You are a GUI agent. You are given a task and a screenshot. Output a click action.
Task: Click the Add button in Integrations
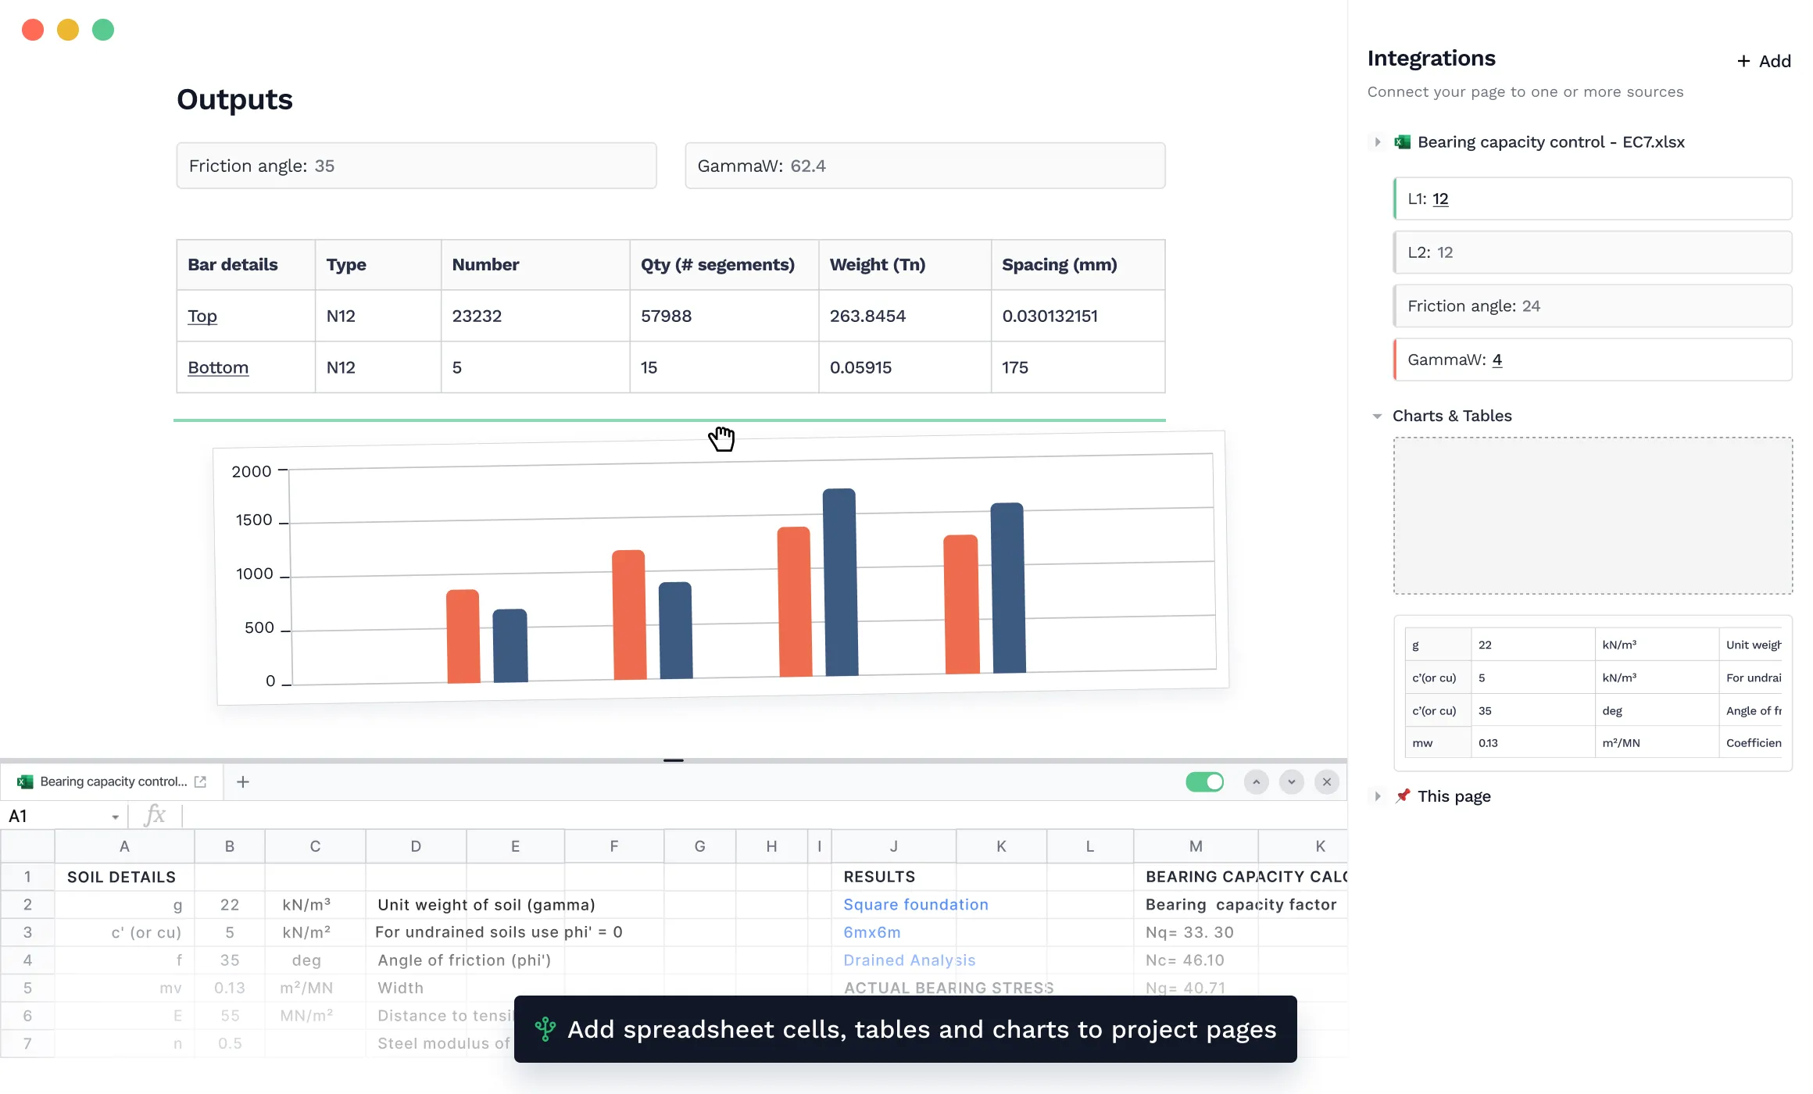[x=1764, y=61]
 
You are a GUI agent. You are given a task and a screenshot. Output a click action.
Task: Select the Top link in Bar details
[x=202, y=316]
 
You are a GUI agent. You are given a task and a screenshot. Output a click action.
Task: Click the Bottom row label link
[x=218, y=367]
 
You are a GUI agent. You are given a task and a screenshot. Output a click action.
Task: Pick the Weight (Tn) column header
[x=877, y=265]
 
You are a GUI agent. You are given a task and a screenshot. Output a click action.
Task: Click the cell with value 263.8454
[x=867, y=316]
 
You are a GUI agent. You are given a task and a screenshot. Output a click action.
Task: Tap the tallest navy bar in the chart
[x=840, y=582]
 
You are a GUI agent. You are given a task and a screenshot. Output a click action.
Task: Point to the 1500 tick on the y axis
[x=254, y=520]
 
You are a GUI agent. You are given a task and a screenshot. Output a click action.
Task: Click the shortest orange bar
[x=463, y=636]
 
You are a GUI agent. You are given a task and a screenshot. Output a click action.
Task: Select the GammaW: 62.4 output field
[x=924, y=166]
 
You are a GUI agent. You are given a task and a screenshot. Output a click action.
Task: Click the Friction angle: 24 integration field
[x=1592, y=306]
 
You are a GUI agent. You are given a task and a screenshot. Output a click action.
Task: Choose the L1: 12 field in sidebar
[x=1592, y=198]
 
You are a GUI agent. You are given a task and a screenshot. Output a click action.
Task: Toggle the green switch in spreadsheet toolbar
[x=1204, y=782]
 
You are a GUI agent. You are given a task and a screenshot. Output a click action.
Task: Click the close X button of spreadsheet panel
[x=1327, y=782]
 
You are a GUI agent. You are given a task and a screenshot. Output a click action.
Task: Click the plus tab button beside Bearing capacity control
[x=243, y=782]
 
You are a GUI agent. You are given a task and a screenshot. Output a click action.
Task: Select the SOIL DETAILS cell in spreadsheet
[x=122, y=877]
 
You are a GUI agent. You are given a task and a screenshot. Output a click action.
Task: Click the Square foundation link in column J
[x=915, y=904]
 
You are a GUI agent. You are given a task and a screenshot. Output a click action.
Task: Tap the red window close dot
[x=33, y=30]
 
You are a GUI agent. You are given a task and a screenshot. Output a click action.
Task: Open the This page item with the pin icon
[x=1454, y=796]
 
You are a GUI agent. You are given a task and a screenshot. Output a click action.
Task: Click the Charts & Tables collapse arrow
[x=1377, y=417]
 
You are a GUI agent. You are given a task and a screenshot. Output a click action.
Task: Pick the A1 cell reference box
[x=59, y=817]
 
